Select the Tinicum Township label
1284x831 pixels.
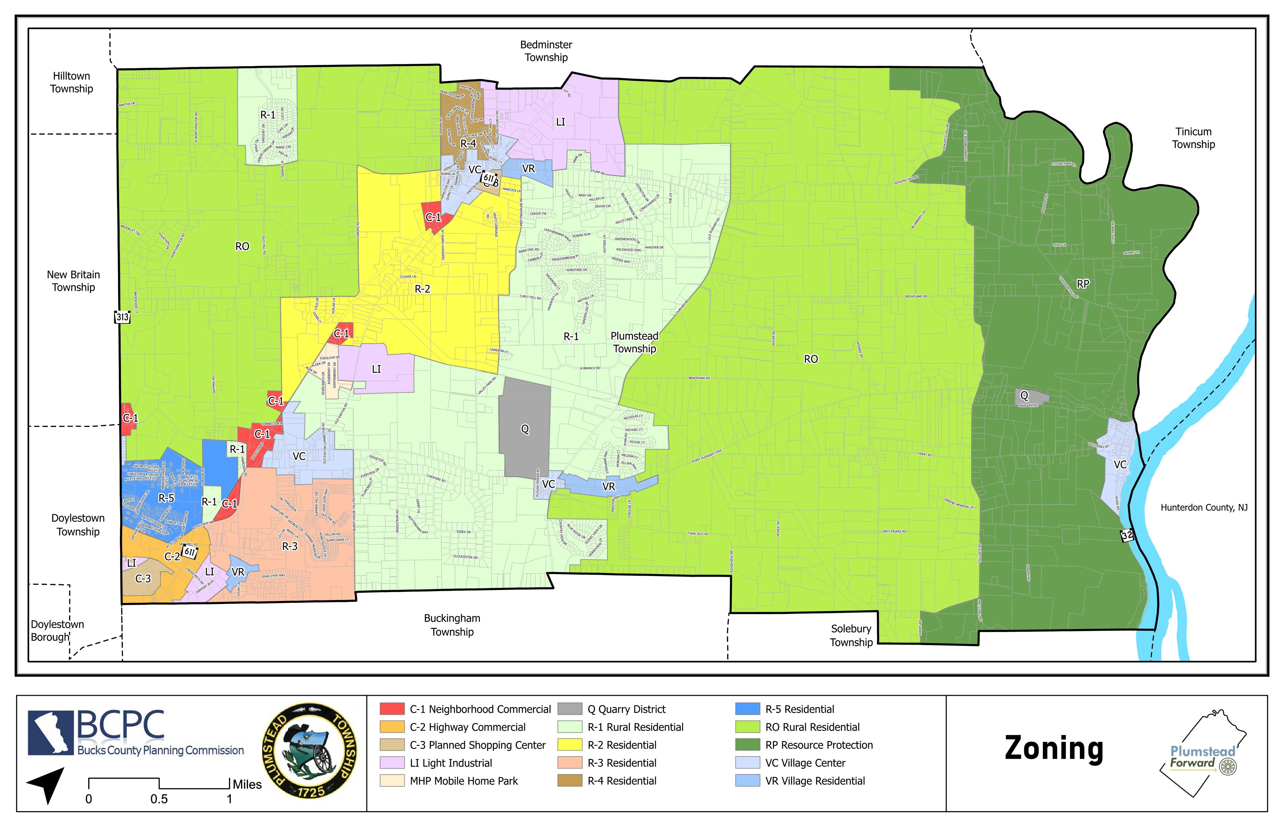(1193, 138)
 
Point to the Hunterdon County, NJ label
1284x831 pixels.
(1204, 508)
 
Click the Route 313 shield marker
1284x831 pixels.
(123, 317)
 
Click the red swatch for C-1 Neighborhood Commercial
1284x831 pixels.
(392, 709)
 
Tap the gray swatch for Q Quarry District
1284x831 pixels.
(570, 709)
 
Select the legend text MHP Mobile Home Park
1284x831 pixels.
(464, 781)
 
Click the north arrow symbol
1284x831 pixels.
(47, 784)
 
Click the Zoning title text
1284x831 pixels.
(1054, 749)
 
